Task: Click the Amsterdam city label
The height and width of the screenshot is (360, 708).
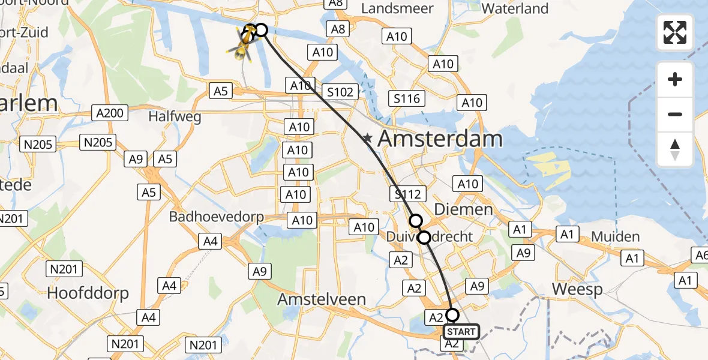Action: (440, 139)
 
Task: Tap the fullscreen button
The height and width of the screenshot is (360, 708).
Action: (675, 32)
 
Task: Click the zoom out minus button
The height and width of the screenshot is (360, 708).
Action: (675, 114)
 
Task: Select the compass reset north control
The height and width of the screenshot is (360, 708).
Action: (675, 149)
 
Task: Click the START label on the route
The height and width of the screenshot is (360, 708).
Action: (461, 332)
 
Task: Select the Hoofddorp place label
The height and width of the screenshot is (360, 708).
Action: (88, 293)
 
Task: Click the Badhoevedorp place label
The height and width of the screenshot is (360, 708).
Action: (217, 217)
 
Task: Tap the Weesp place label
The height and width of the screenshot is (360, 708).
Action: (577, 289)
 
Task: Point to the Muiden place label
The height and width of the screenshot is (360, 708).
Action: (615, 236)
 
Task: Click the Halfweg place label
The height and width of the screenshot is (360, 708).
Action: (175, 117)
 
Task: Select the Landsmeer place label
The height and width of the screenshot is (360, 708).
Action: (397, 8)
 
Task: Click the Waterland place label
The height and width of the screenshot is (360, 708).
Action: (515, 8)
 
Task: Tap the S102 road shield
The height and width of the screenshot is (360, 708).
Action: (340, 92)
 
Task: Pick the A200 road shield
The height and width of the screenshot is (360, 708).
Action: (110, 113)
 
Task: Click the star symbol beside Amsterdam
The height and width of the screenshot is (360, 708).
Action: (367, 140)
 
